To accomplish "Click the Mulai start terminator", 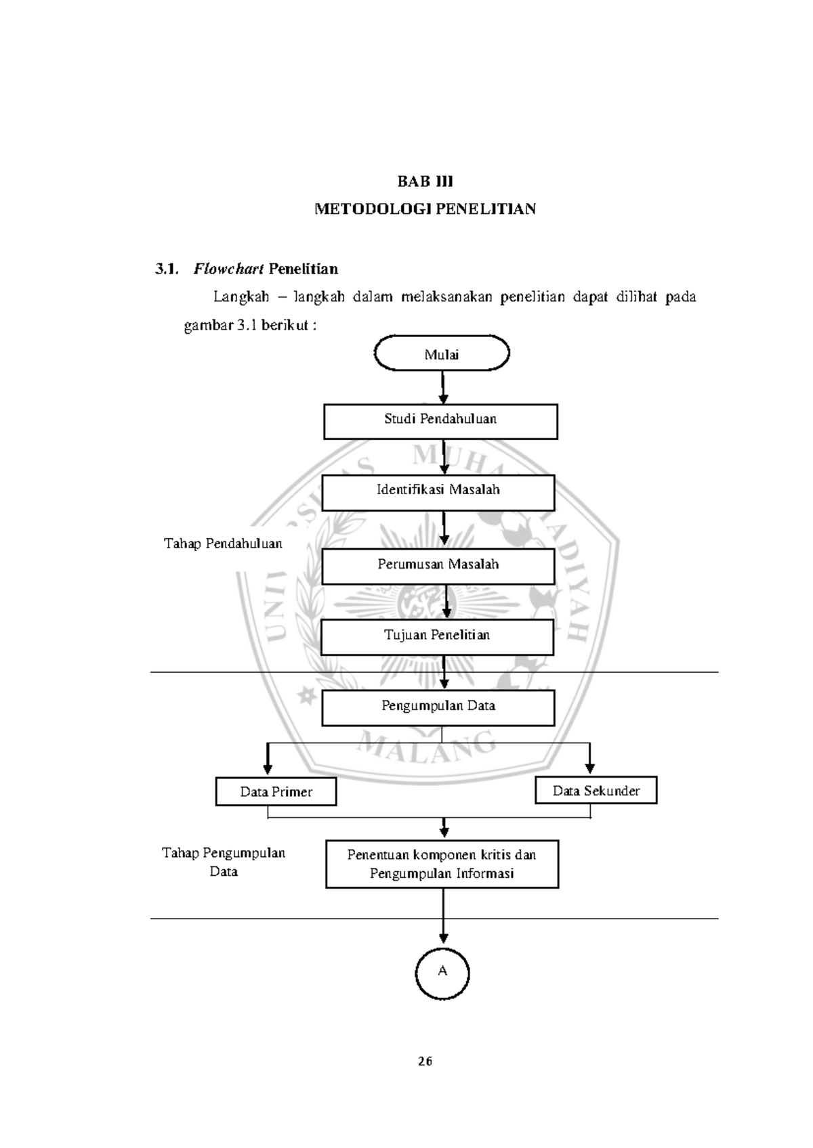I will (x=442, y=354).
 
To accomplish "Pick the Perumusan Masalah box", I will (x=438, y=566).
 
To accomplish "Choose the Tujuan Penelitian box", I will (x=437, y=637).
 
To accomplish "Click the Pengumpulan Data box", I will (x=438, y=707).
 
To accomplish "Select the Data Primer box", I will (x=276, y=791).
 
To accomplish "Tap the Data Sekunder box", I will (x=596, y=790).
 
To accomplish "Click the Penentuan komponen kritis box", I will (x=442, y=864).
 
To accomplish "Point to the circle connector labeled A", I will (x=442, y=973).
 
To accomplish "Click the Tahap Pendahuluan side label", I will (x=223, y=544).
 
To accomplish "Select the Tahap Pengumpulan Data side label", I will (x=224, y=862).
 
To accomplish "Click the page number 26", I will (x=425, y=1061).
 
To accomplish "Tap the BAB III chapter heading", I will (x=425, y=181).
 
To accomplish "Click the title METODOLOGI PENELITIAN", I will (x=425, y=209).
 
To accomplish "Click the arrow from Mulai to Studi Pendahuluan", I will (x=443, y=387).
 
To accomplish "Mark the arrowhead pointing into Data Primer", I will (x=268, y=769).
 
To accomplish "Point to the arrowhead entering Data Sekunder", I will (x=590, y=768).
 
